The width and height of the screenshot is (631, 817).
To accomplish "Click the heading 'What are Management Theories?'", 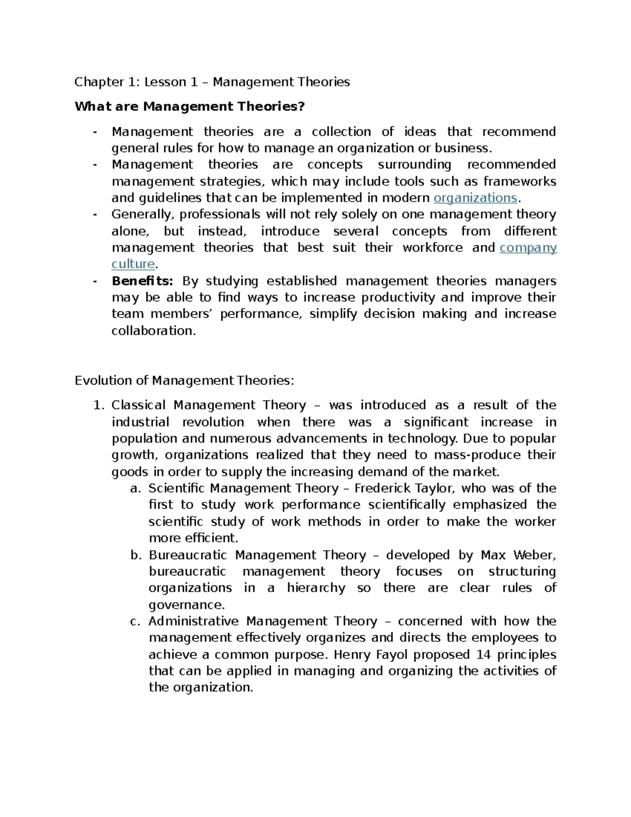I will [x=189, y=107].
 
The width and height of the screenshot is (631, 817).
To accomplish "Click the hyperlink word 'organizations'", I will [x=475, y=198].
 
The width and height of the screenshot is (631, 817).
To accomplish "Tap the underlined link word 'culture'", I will [x=133, y=264].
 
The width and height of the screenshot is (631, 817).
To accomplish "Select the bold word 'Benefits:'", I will [x=142, y=281].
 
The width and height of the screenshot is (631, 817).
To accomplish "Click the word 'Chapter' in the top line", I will [x=95, y=82].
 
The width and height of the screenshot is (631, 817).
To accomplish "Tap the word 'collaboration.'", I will [x=154, y=331].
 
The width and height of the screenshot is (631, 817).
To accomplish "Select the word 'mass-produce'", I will [x=476, y=455].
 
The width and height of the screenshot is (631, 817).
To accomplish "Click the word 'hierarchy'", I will [x=316, y=588].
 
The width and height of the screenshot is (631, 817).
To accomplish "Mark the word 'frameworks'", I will [x=520, y=181].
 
